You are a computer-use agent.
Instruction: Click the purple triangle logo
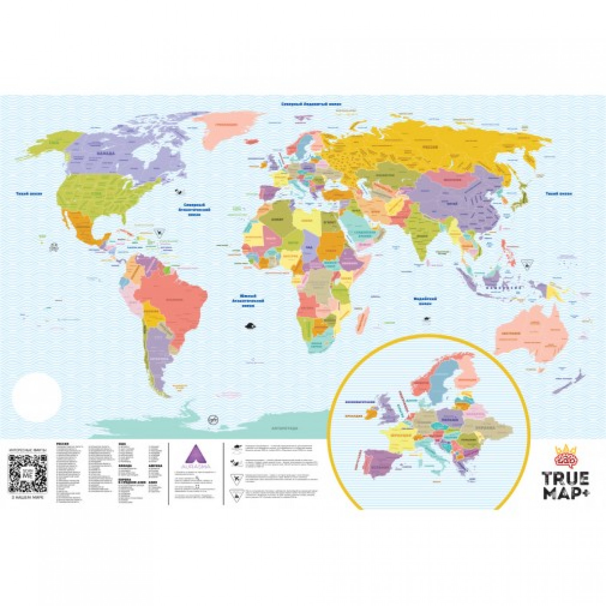pos(194,458)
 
